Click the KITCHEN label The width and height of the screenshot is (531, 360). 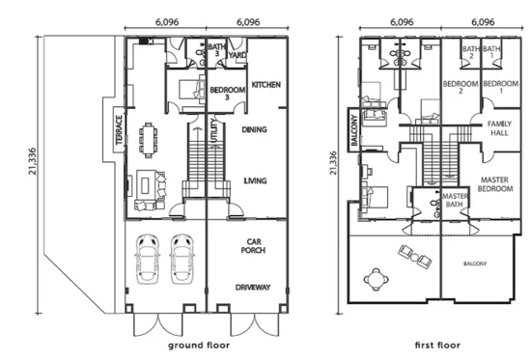265,85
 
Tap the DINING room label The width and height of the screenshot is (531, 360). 254,129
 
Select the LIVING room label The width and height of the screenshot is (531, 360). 255,180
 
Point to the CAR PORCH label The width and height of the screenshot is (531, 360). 253,246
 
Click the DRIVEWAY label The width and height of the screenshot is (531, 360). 253,288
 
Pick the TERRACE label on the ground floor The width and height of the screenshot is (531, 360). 119,130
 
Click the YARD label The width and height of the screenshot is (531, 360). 238,55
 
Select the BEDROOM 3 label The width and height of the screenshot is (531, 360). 227,94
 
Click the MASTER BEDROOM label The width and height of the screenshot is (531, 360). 495,184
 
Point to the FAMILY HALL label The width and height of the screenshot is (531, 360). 499,128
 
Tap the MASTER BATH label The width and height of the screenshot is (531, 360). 455,200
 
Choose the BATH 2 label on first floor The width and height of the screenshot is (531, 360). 471,52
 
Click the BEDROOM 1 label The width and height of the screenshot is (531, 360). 500,87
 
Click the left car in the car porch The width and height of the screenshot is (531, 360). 148,259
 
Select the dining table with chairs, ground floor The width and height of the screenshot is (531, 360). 148,140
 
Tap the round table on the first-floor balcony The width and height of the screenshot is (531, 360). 377,280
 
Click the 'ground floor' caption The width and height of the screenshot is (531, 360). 199,346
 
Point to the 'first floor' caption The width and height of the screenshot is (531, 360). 437,346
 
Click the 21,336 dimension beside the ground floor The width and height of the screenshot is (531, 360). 33,161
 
